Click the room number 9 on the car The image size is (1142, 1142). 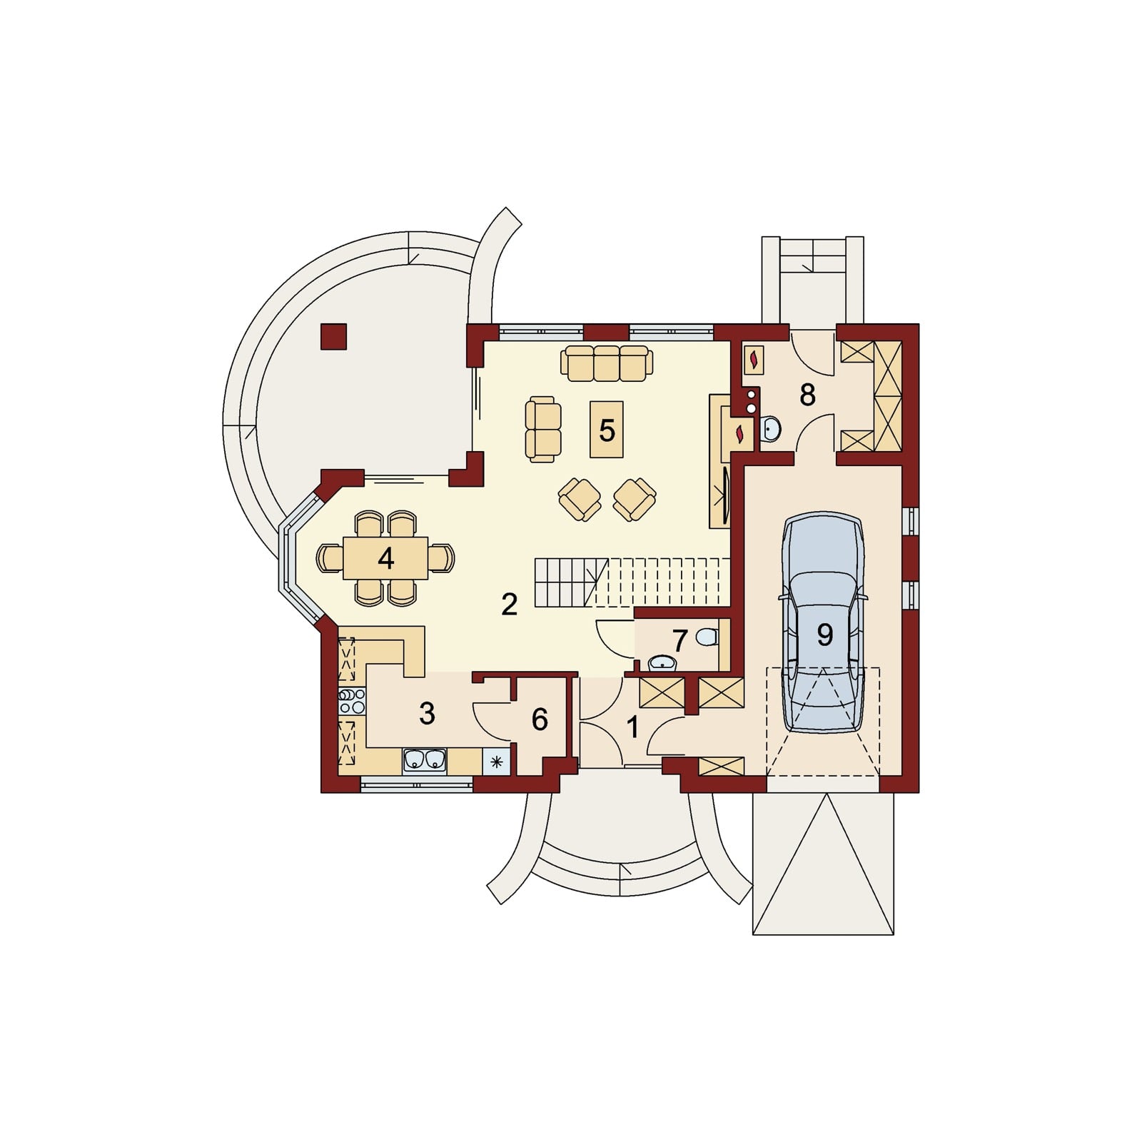pyautogui.click(x=825, y=635)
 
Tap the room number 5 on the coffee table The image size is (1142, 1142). pyautogui.click(x=607, y=430)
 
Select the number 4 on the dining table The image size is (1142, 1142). pyautogui.click(x=386, y=558)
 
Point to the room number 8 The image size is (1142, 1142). pyautogui.click(x=807, y=394)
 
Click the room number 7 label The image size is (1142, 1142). pyautogui.click(x=679, y=640)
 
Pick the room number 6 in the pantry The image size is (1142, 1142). pyautogui.click(x=540, y=719)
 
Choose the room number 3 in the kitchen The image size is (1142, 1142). pyautogui.click(x=427, y=713)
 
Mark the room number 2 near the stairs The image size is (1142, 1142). pyautogui.click(x=509, y=605)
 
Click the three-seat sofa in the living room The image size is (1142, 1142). pyautogui.click(x=607, y=363)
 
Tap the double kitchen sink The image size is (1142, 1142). pyautogui.click(x=425, y=761)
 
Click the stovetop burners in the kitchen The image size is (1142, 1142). pyautogui.click(x=350, y=702)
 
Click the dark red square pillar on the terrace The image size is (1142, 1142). pyautogui.click(x=333, y=336)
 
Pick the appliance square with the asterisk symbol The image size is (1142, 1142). pyautogui.click(x=497, y=762)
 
